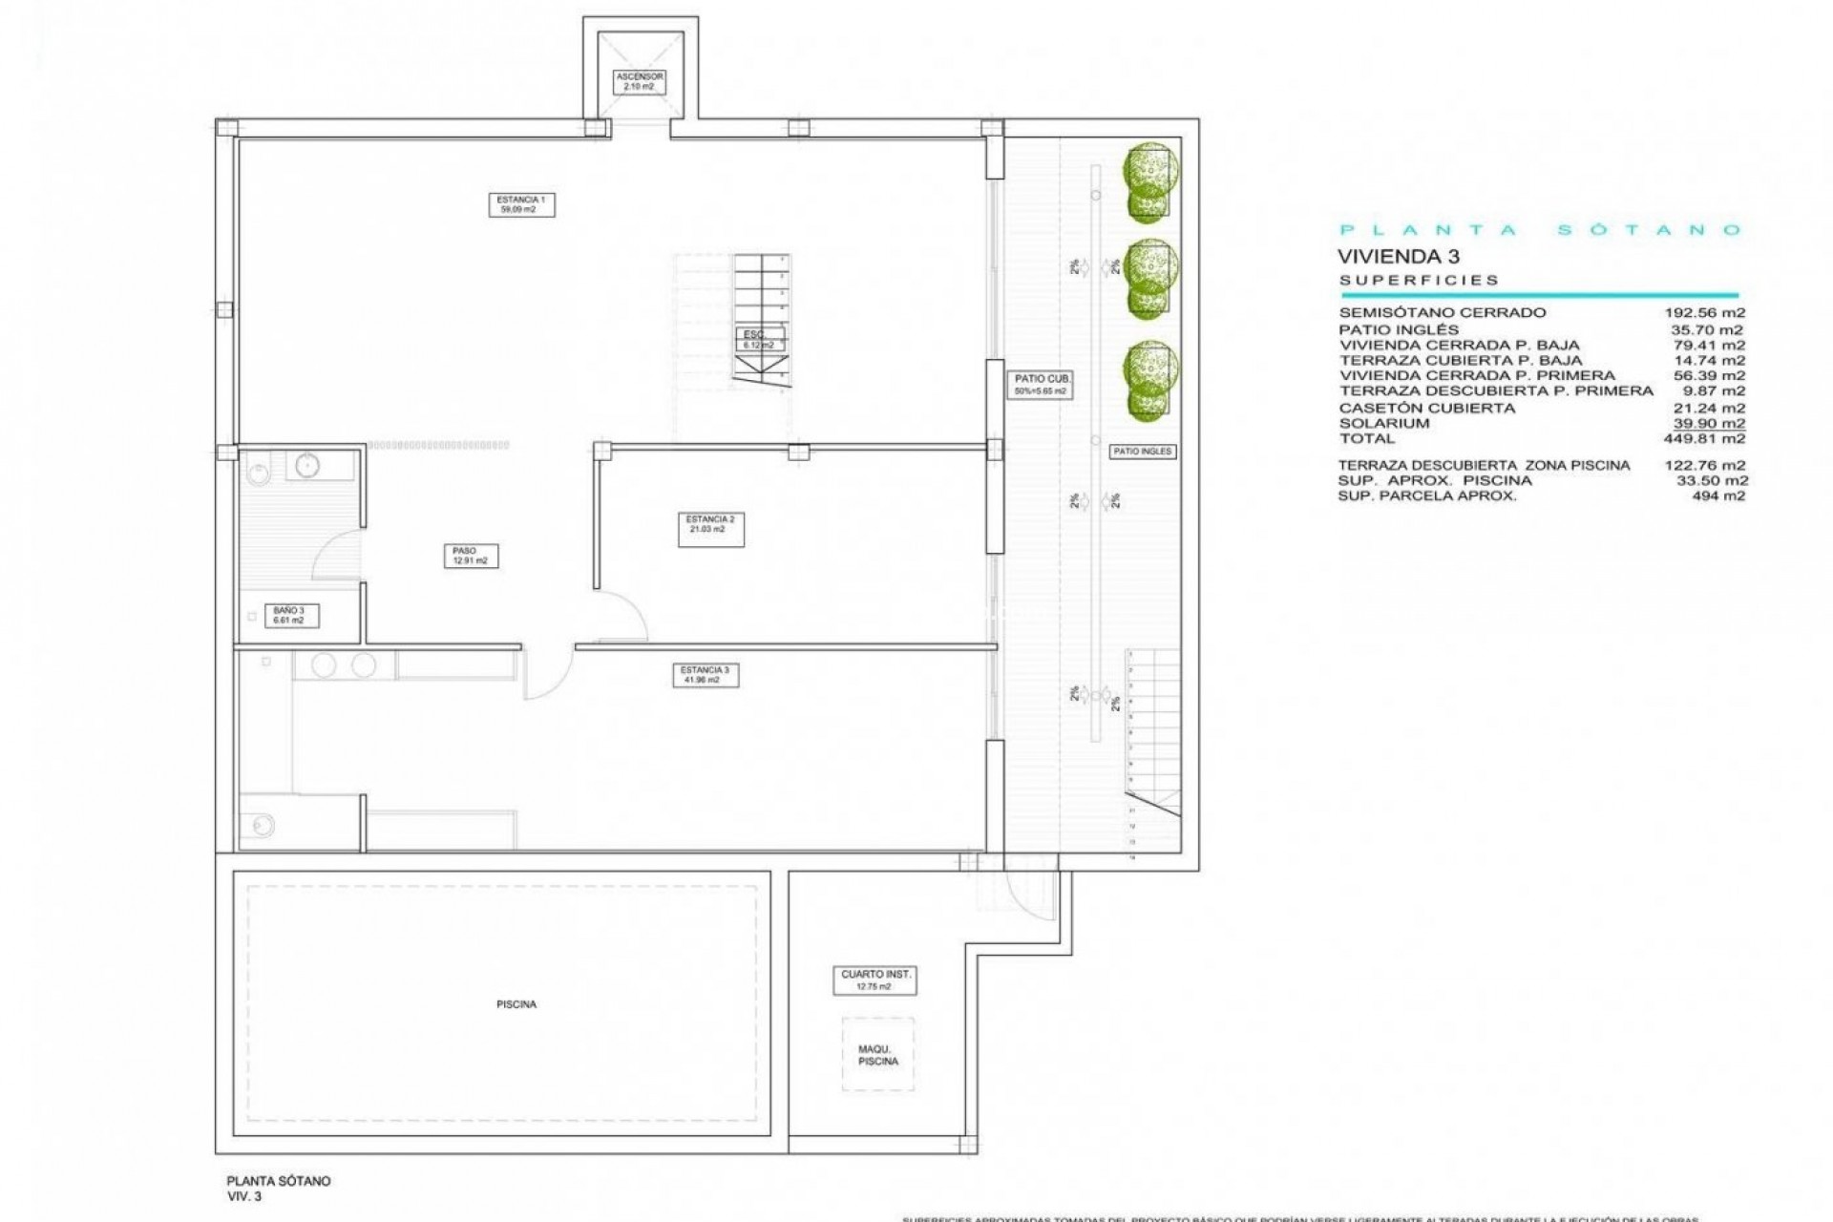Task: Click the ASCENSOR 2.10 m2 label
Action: click(x=639, y=81)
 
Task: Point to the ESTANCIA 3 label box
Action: click(x=705, y=675)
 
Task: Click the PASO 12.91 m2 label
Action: click(x=470, y=556)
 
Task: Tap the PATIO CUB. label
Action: click(x=1042, y=385)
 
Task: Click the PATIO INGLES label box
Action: click(x=1142, y=452)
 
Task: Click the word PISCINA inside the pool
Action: click(x=516, y=1004)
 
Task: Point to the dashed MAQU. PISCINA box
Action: click(x=877, y=1054)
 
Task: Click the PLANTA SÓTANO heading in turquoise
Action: click(x=1540, y=230)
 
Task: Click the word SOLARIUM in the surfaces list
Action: click(x=1383, y=423)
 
